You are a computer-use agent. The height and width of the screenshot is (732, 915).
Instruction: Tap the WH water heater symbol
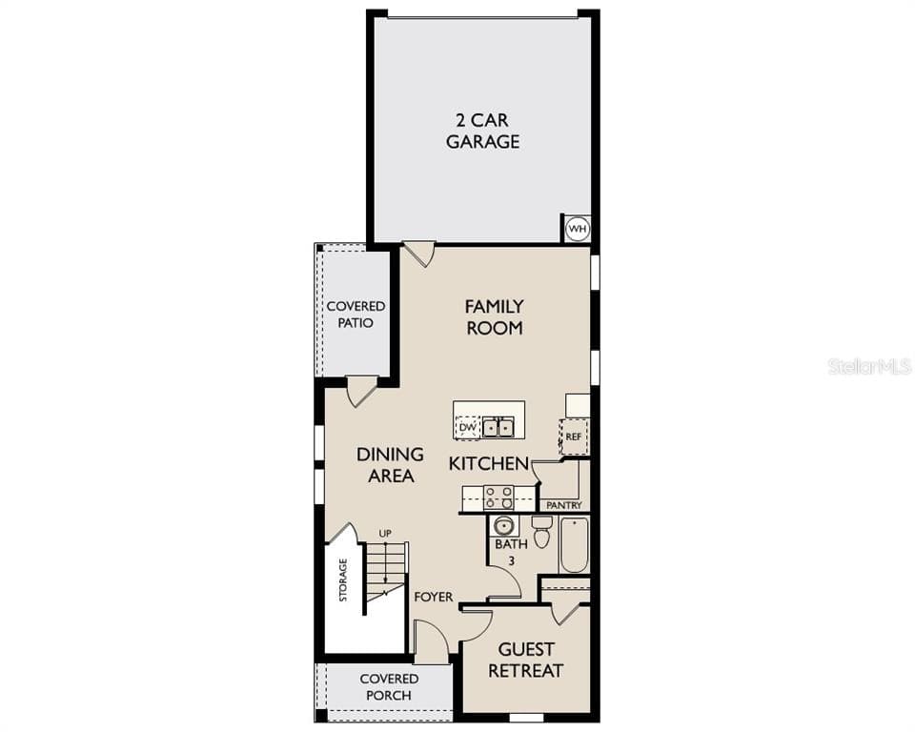point(577,229)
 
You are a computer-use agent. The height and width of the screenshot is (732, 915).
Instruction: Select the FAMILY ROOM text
point(494,317)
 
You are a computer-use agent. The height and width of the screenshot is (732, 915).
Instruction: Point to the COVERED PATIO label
point(356,315)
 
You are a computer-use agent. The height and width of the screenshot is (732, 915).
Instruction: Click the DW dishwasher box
point(467,428)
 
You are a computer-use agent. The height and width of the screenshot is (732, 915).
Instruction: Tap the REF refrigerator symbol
point(573,437)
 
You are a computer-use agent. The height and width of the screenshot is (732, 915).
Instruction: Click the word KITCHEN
point(489,464)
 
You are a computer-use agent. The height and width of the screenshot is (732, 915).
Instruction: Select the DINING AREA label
point(390,465)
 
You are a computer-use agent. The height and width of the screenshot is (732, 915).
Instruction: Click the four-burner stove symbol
point(498,498)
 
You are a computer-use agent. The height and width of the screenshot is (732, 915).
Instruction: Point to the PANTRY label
point(562,505)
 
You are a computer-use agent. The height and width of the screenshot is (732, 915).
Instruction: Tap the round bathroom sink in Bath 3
point(503,526)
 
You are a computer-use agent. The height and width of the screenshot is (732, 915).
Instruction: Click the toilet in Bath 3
point(541,533)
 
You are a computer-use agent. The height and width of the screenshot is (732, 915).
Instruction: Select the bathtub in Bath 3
point(574,545)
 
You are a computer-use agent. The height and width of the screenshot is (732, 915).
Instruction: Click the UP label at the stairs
point(384,533)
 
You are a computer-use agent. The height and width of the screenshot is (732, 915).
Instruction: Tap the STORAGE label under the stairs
point(343,579)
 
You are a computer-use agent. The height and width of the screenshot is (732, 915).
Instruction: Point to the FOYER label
point(434,598)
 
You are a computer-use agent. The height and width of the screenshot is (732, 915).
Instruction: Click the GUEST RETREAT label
point(525,661)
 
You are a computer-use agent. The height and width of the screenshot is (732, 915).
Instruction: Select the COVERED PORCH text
point(389,687)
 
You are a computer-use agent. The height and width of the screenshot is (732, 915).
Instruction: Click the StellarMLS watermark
point(869,366)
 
